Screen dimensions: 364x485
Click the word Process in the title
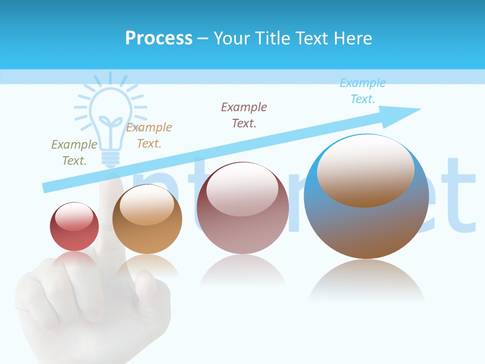(x=159, y=38)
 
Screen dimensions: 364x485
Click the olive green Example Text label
(x=74, y=153)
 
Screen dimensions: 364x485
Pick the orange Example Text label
(x=149, y=135)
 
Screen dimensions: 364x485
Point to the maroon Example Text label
(x=244, y=115)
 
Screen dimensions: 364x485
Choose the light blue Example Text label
(x=363, y=91)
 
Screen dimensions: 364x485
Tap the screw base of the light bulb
(x=111, y=158)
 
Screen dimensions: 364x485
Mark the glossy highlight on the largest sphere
(x=365, y=169)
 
